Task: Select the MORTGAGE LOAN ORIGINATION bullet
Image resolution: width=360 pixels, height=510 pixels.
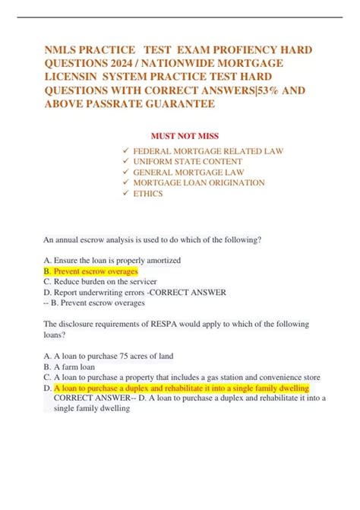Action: [199, 183]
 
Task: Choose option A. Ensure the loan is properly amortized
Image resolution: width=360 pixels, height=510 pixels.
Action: [112, 260]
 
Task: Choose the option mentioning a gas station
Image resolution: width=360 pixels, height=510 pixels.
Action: [182, 377]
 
